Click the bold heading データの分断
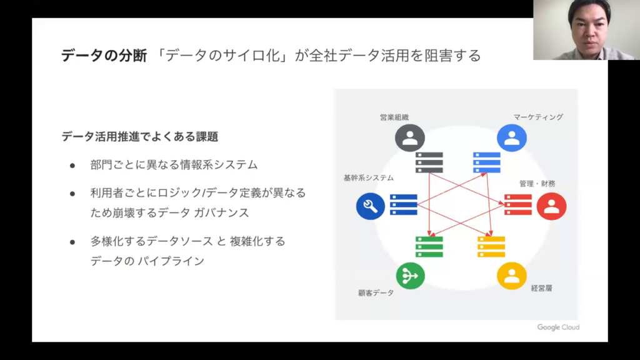click(x=104, y=56)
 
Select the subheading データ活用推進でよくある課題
click(x=139, y=136)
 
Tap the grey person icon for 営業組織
click(x=410, y=138)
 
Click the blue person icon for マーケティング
click(x=511, y=138)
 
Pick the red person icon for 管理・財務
click(x=551, y=206)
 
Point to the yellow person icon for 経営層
click(x=511, y=276)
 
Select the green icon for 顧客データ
click(x=410, y=276)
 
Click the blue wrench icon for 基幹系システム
click(x=370, y=206)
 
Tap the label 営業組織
click(x=394, y=117)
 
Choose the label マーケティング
click(x=538, y=117)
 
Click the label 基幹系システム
click(x=368, y=177)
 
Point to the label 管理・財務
click(x=537, y=184)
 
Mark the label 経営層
click(x=541, y=289)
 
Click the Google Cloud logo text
click(x=558, y=327)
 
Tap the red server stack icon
click(x=517, y=204)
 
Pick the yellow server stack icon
click(x=491, y=246)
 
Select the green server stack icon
click(x=429, y=246)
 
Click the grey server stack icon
click(x=429, y=162)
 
